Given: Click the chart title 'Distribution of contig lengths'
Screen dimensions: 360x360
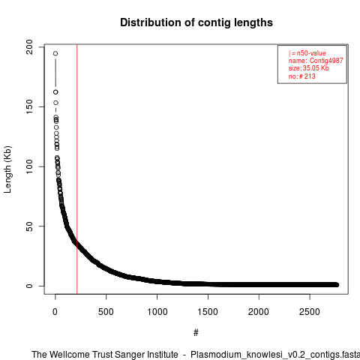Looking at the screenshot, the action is [x=196, y=22].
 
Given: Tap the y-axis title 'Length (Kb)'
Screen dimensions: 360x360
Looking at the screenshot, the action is [x=7, y=169].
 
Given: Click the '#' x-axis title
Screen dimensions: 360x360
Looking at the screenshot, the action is [x=196, y=332].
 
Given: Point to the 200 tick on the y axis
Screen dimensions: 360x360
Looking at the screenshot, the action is [x=30, y=47].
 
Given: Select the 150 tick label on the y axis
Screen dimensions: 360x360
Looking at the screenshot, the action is [x=30, y=106].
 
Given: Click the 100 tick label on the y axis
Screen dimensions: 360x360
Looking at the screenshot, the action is [x=30, y=166].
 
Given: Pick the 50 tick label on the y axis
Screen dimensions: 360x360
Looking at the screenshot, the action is [x=30, y=226].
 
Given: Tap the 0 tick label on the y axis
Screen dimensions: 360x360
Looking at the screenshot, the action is [x=30, y=286].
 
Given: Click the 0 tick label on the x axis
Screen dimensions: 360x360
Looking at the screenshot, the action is [x=55, y=312].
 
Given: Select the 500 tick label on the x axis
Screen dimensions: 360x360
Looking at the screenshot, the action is [x=106, y=312].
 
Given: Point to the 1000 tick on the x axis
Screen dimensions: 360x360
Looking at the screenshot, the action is [x=157, y=312].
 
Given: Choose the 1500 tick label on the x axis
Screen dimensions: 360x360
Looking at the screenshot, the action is [x=208, y=312].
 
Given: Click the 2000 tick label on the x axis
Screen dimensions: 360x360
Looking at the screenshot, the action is [x=259, y=312].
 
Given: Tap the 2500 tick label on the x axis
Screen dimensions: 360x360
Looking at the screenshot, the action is [x=310, y=312].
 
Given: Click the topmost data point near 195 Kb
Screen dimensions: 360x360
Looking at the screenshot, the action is [x=55, y=53].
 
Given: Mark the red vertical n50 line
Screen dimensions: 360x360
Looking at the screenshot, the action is [x=77, y=169].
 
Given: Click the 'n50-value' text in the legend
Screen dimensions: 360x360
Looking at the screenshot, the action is [x=311, y=53].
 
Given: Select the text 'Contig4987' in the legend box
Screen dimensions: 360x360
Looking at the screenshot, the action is [x=326, y=61].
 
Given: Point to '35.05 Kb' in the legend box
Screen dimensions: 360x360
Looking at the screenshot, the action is [x=316, y=68].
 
